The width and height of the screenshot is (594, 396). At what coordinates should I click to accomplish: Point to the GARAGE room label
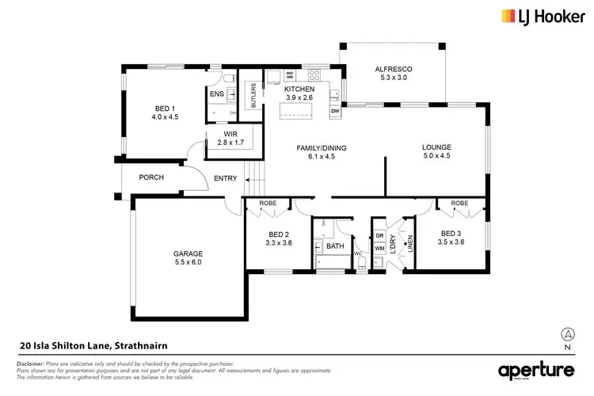188,254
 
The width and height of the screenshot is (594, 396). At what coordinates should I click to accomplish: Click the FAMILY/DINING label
322,148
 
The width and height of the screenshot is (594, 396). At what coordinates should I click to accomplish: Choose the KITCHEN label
299,89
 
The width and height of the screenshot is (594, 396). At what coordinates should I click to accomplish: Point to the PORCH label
150,177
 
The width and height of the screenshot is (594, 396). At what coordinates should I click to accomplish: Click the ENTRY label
225,178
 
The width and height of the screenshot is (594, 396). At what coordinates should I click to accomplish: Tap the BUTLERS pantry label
253,95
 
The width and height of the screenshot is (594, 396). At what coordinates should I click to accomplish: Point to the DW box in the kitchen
335,112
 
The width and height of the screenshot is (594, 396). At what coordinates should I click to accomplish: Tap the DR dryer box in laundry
379,237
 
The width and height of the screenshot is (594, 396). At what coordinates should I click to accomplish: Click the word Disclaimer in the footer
31,362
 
